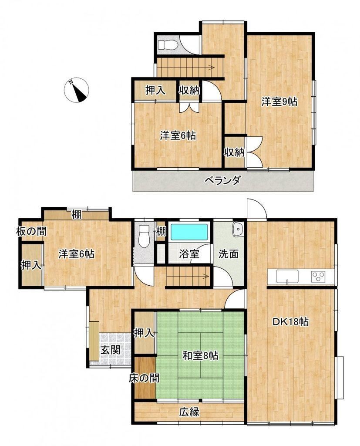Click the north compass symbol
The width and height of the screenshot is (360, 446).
77,90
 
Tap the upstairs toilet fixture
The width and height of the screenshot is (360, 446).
168,45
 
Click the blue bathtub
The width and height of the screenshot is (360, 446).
189,232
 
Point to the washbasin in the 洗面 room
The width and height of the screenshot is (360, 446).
237,229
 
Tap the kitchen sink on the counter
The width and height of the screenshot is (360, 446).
286,277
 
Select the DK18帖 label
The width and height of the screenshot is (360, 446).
290,322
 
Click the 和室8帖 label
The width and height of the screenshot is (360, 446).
200,355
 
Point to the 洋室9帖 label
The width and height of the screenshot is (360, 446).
279,101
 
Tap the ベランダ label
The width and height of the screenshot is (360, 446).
223,180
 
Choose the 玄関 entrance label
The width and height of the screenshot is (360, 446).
110,350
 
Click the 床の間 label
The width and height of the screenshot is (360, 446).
144,378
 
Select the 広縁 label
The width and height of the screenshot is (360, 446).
189,412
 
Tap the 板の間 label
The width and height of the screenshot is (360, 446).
31,231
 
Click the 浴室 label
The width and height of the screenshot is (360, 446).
189,254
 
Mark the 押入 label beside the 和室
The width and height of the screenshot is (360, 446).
144,332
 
